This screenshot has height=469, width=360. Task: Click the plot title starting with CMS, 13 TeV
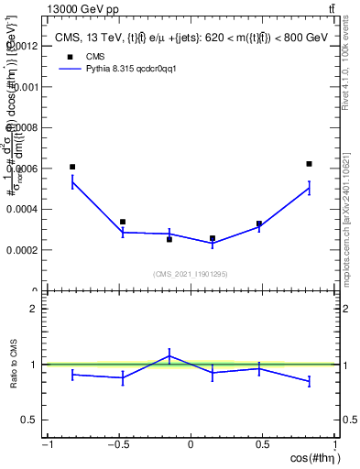click(191, 37)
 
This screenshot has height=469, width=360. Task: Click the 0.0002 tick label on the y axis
click(25, 250)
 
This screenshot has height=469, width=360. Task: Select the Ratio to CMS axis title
click(12, 365)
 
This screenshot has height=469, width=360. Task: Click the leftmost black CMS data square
click(72, 167)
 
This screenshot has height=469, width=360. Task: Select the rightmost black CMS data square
click(310, 164)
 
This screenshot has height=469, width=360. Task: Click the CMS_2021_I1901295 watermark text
click(191, 274)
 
